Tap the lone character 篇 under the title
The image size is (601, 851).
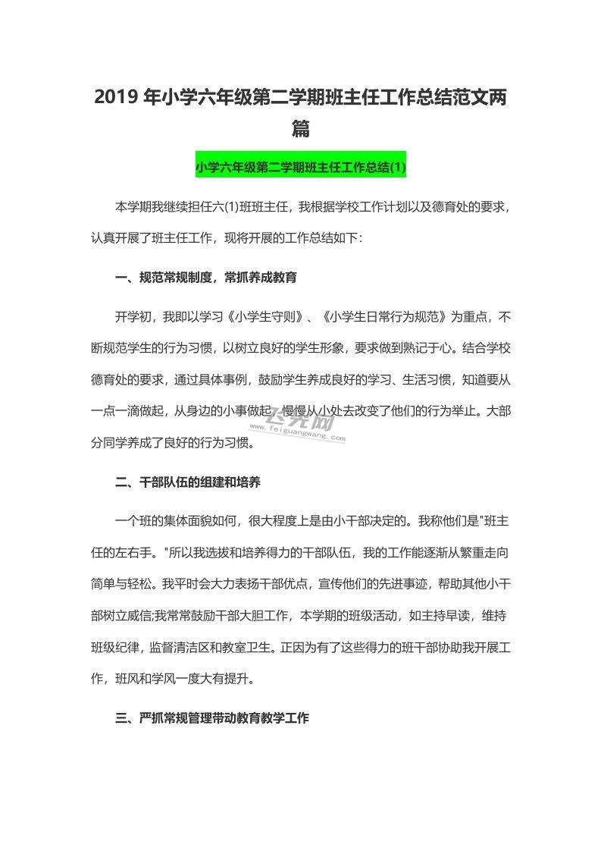pyautogui.click(x=301, y=130)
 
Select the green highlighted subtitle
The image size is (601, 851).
pyautogui.click(x=301, y=167)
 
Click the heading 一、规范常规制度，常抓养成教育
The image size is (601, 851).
pyautogui.click(x=205, y=278)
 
